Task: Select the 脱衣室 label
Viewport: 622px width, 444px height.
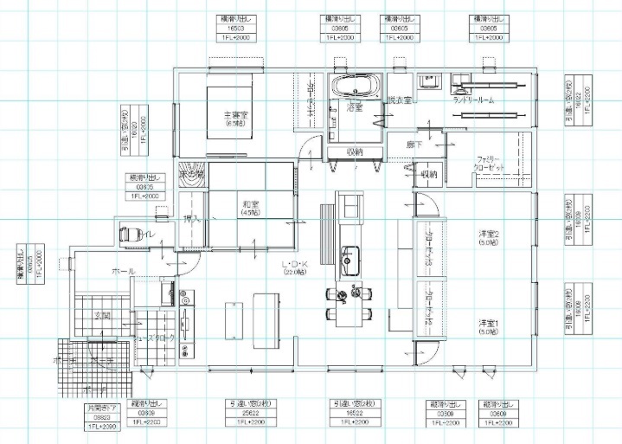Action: coord(400,101)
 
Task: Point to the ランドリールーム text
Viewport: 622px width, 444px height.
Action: coord(473,101)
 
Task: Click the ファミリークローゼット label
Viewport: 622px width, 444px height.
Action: coord(497,161)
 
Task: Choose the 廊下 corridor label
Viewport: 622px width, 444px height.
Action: coord(414,145)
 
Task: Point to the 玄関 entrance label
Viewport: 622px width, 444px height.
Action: coord(102,315)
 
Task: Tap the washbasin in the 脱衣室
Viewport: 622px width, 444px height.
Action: coord(430,81)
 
